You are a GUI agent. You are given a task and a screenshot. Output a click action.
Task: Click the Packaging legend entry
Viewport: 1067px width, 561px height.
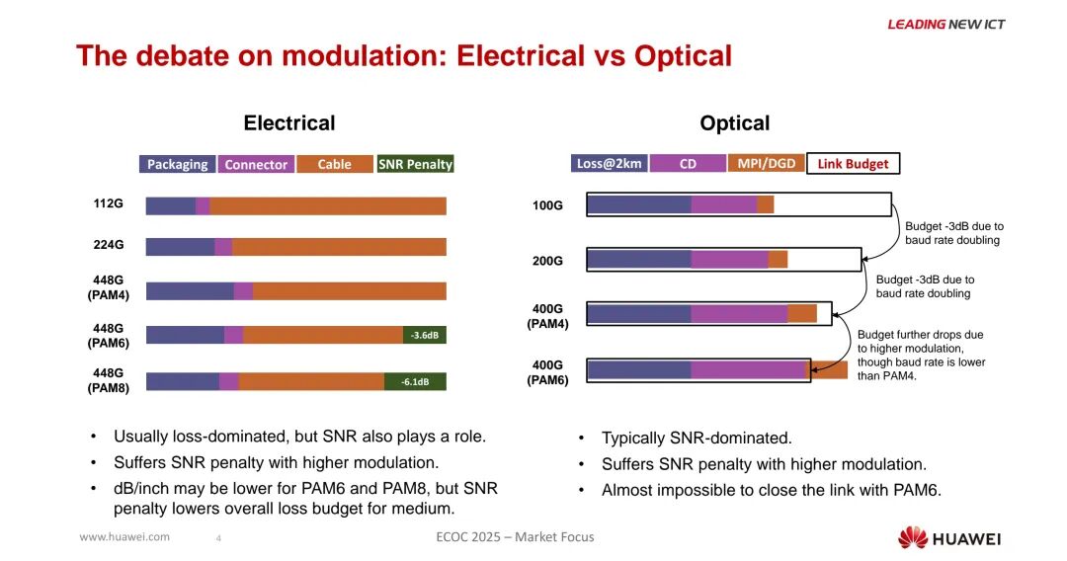pos(178,164)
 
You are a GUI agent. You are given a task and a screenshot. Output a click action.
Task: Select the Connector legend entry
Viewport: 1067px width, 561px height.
pos(256,164)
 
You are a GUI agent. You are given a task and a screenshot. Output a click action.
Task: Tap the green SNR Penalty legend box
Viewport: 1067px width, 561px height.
pos(415,164)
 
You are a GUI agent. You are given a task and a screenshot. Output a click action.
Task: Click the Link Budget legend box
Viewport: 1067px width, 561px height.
pos(853,163)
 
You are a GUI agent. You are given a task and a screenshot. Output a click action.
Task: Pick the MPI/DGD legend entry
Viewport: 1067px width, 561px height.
pos(766,163)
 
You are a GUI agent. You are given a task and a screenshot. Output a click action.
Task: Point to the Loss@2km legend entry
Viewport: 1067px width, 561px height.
pos(610,163)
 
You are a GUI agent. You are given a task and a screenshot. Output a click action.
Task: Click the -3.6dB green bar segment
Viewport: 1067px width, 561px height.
pos(425,335)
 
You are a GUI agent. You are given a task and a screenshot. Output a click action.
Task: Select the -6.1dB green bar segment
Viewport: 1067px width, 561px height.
pos(415,381)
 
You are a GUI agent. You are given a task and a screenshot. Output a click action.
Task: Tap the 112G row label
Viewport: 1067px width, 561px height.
pos(109,204)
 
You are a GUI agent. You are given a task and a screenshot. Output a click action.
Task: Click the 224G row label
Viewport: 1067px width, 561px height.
pos(109,246)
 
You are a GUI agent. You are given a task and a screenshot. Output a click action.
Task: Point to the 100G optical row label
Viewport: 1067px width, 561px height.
pos(547,205)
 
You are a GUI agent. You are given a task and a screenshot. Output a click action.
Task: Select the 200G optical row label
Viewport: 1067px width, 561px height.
pos(547,261)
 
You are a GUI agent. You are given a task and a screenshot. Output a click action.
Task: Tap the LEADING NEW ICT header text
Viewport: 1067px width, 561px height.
pos(945,24)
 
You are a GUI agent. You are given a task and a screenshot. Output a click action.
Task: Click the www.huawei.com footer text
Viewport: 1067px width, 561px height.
pos(124,537)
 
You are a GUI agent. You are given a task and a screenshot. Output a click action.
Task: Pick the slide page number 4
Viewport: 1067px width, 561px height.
pos(218,538)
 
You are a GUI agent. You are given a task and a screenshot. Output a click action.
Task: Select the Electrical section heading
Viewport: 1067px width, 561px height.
pos(289,123)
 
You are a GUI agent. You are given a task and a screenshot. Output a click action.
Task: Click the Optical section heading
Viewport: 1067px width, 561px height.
pos(734,123)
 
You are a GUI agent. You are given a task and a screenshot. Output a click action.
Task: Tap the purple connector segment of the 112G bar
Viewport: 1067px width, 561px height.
pos(203,205)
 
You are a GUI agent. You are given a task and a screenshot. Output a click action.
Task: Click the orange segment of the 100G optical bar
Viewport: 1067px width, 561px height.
pos(766,204)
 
